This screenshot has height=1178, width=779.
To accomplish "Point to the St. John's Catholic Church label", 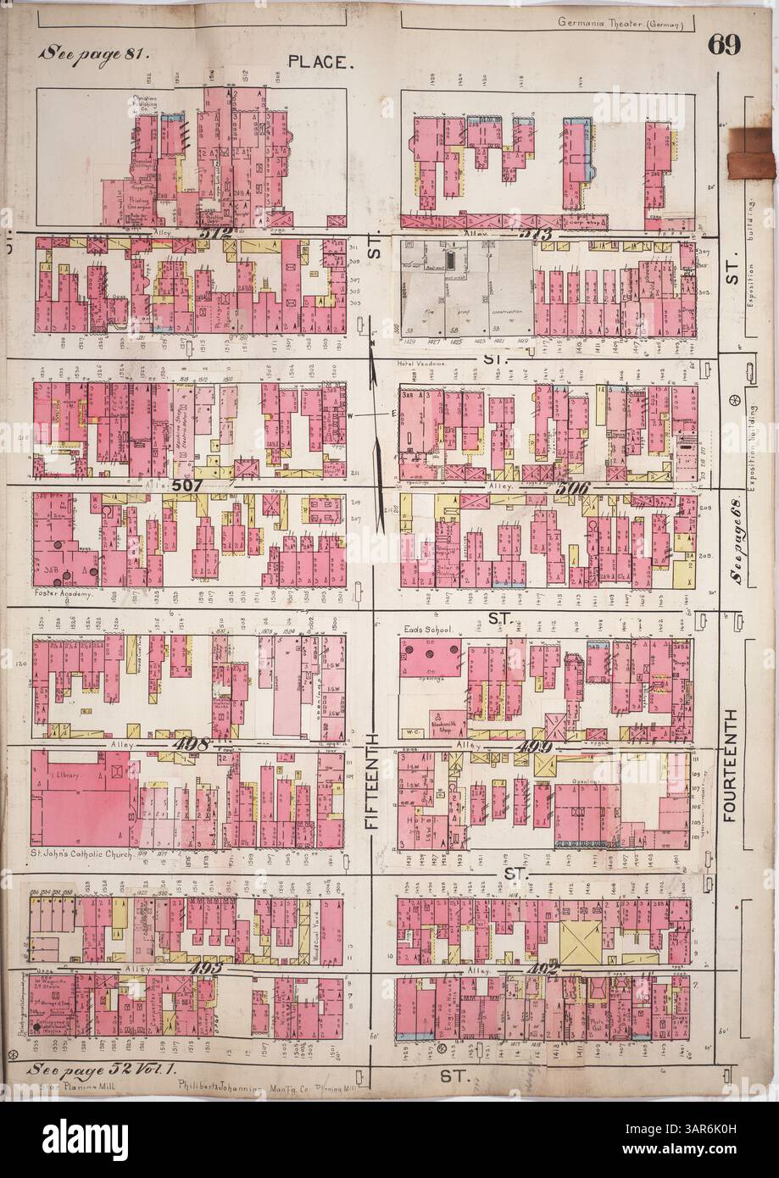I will pos(81,854).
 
